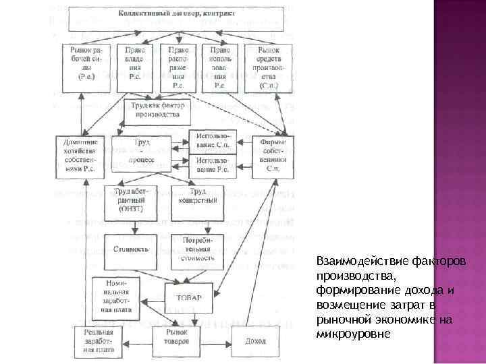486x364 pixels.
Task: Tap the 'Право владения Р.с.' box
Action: pos(136,68)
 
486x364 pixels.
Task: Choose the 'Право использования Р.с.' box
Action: pos(220,68)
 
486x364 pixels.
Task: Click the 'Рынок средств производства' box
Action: pos(269,68)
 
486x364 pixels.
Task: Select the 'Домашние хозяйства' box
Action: pos(80,158)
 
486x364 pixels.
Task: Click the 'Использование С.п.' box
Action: pos(213,143)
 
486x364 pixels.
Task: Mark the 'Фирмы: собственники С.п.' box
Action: pos(272,158)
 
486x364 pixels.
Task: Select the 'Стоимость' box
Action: pos(130,249)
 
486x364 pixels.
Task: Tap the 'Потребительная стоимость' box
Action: pos(194,249)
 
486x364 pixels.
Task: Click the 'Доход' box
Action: pos(254,341)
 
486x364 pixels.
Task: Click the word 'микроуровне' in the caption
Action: pos(353,334)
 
